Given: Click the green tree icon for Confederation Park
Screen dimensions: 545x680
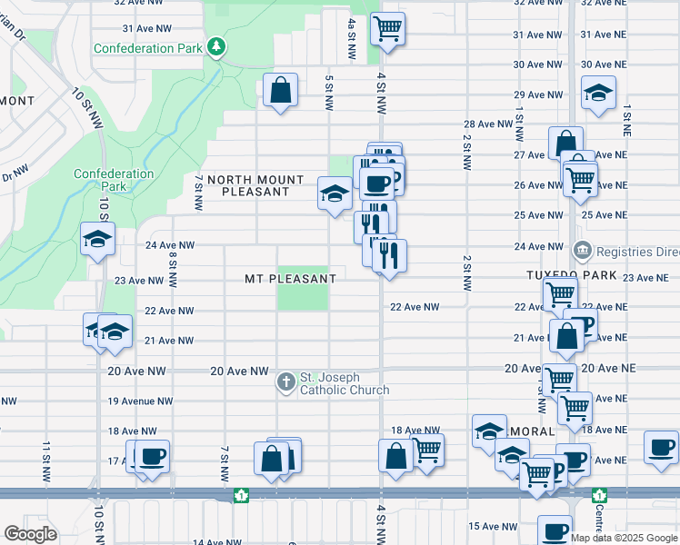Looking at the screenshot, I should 216,46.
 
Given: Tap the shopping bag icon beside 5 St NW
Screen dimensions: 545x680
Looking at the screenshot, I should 280,90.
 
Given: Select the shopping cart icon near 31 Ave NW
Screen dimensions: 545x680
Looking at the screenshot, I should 387,29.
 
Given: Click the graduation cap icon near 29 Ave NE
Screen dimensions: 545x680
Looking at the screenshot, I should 598,94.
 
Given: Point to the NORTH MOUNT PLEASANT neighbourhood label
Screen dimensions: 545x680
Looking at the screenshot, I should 248,186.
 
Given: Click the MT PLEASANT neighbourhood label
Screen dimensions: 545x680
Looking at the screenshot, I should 290,278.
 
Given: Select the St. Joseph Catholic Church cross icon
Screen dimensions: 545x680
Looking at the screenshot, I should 286,382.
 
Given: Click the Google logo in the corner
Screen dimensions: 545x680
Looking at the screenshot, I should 30,533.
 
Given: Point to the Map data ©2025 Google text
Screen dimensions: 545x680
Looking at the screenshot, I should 625,538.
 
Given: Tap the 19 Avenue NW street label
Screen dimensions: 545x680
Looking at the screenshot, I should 140,401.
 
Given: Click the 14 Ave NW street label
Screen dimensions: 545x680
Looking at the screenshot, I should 219,541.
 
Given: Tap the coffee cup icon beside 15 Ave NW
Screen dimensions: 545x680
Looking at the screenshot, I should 555,530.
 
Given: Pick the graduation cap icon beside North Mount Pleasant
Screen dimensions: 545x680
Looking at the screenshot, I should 335,193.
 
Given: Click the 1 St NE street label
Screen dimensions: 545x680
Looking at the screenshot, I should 626,120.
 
